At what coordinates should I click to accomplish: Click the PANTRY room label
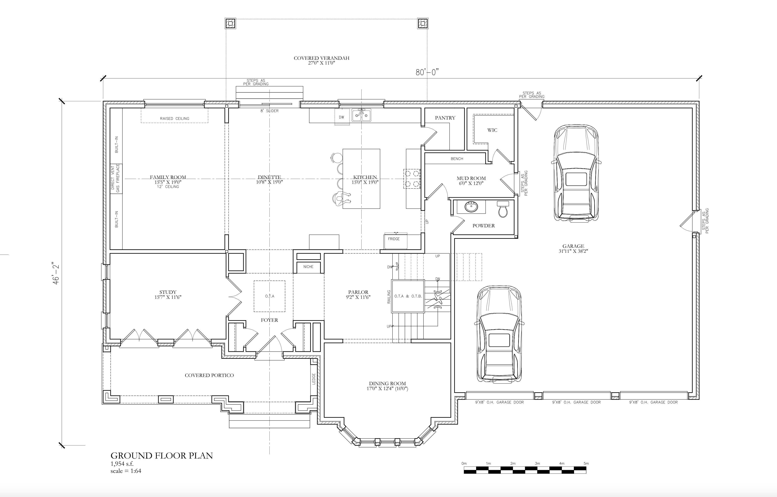point(445,118)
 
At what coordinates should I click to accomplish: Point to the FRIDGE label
point(394,239)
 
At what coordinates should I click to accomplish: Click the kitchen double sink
point(361,115)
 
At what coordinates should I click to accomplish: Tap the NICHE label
point(308,267)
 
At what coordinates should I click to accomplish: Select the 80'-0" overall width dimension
point(427,72)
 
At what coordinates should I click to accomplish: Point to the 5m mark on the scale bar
point(586,463)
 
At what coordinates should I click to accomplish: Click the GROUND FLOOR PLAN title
point(162,456)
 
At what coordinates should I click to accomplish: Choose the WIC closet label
point(492,130)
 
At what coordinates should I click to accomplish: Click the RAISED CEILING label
point(175,118)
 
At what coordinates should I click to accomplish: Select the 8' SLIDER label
point(270,111)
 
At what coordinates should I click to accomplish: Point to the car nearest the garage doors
point(499,334)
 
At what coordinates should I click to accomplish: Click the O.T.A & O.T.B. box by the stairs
point(408,296)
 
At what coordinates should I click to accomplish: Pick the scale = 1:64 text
point(126,471)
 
